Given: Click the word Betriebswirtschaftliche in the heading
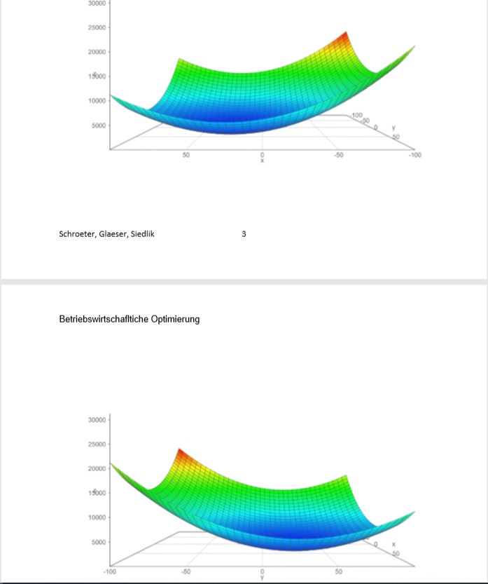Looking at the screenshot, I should pyautogui.click(x=104, y=319).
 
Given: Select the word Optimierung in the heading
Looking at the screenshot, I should pyautogui.click(x=175, y=319).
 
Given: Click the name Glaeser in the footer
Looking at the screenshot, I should pyautogui.click(x=112, y=234).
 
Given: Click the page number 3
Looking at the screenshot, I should pyautogui.click(x=244, y=234).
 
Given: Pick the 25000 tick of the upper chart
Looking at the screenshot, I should pyautogui.click(x=97, y=28).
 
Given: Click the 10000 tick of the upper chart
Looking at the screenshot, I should pyautogui.click(x=97, y=101).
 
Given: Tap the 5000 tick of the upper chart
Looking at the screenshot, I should pyautogui.click(x=99, y=125).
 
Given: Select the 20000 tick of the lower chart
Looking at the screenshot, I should pyautogui.click(x=97, y=468).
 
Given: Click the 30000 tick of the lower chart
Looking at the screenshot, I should pyautogui.click(x=97, y=419).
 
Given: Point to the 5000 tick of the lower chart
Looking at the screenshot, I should pyautogui.click(x=99, y=542).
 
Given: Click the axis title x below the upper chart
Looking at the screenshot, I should pyautogui.click(x=263, y=161).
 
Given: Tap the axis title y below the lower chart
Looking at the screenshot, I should pyautogui.click(x=263, y=578).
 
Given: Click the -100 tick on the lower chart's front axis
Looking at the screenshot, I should pyautogui.click(x=110, y=572).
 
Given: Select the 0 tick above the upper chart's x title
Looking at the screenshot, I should pyautogui.click(x=263, y=155).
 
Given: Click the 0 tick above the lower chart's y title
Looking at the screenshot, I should pyautogui.click(x=263, y=572).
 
